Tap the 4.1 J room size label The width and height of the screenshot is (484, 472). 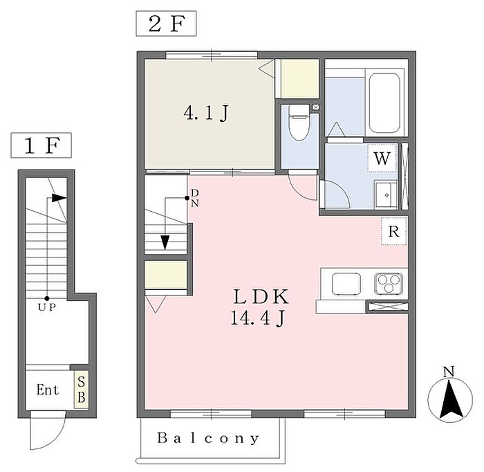(x=205, y=114)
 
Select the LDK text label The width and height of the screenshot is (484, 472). (x=261, y=298)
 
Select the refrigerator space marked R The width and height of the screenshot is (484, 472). (x=393, y=231)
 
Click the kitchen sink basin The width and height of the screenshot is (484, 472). (x=346, y=284)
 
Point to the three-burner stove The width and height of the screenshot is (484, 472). (x=388, y=284)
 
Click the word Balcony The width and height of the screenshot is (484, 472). (x=208, y=438)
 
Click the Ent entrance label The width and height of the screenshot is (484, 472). (x=48, y=390)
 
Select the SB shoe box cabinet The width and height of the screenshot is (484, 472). (x=81, y=390)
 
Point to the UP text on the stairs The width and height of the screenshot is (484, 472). (x=47, y=305)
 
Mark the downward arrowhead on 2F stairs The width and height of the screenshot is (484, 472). (x=165, y=242)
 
